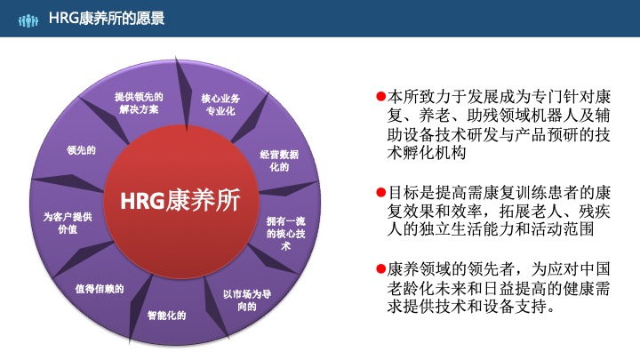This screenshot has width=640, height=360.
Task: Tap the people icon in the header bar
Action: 29,19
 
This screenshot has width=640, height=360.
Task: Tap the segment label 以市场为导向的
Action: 246,300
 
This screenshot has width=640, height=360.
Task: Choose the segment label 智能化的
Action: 166,314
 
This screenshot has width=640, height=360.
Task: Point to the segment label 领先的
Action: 81,150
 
